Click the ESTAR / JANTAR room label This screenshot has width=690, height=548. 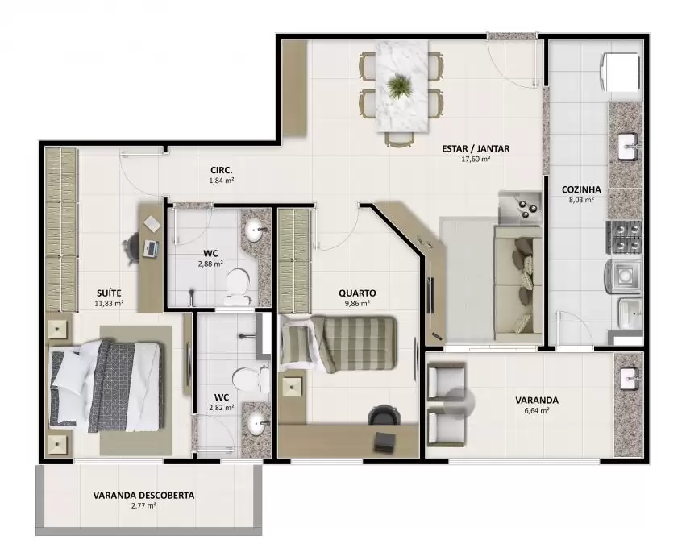click(476, 148)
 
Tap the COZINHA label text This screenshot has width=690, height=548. click(581, 189)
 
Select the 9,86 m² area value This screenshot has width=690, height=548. click(357, 304)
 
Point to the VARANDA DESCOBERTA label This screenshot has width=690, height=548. click(143, 496)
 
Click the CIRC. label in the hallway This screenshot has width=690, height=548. click(222, 170)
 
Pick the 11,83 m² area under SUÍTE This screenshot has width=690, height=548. click(109, 304)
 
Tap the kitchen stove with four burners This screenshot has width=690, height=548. click(625, 238)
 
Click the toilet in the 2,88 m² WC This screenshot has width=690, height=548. click(237, 288)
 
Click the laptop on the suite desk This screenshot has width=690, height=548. click(151, 249)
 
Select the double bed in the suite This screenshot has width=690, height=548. click(106, 385)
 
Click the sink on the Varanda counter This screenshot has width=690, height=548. click(630, 379)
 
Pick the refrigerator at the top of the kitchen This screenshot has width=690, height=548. click(620, 73)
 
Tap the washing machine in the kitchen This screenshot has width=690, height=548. click(622, 276)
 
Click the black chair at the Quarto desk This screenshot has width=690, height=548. click(384, 415)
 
